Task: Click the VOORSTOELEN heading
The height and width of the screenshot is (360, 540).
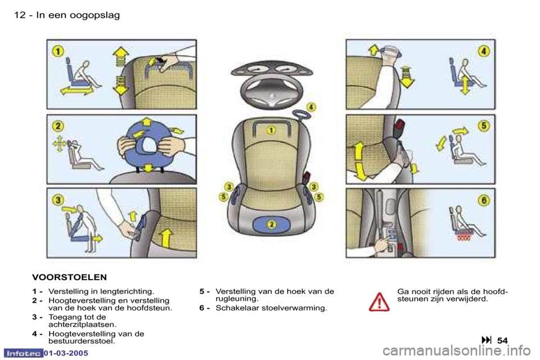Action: [x=69, y=277]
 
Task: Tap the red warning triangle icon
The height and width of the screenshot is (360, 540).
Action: [x=379, y=301]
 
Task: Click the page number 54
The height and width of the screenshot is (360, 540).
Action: [x=502, y=340]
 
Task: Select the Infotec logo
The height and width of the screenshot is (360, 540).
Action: [x=23, y=353]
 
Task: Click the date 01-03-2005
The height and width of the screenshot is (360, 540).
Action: [x=66, y=353]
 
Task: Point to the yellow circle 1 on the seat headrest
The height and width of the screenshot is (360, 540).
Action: [x=271, y=130]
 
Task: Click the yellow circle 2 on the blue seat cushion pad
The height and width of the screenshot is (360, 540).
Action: [x=271, y=224]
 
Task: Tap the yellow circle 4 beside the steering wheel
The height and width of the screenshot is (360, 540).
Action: [x=311, y=107]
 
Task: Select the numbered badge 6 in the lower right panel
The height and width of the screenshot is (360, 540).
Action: [x=484, y=200]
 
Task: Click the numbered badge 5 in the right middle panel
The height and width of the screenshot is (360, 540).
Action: [x=484, y=126]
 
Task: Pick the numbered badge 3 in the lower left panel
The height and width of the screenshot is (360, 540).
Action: [x=58, y=200]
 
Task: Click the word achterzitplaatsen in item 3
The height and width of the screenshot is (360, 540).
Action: [x=82, y=325]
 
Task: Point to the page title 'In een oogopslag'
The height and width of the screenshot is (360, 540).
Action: [x=78, y=15]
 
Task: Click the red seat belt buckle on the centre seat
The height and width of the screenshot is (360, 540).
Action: [x=305, y=179]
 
